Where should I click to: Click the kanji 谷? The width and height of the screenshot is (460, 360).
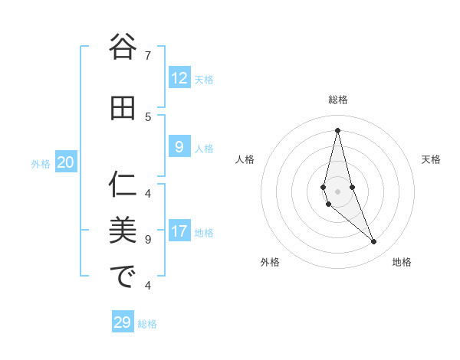[x=122, y=47]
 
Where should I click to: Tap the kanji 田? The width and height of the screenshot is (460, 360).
[x=122, y=108]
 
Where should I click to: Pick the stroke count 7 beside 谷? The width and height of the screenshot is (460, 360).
[x=148, y=55]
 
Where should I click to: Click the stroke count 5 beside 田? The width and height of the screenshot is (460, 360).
[x=148, y=116]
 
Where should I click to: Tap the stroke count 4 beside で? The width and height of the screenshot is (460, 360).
[x=148, y=286]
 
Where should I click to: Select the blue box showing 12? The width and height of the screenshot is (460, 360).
[x=179, y=78]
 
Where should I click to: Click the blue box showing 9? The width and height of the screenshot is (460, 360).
[x=179, y=147]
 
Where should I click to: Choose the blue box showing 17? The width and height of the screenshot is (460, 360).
[x=179, y=231]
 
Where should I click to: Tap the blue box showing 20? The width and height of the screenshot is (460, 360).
[x=65, y=162]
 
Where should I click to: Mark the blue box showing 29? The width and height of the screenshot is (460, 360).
[x=122, y=322]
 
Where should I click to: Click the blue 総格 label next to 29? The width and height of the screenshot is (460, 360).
[x=147, y=324]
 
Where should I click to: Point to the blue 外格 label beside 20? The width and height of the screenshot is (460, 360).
[x=41, y=163]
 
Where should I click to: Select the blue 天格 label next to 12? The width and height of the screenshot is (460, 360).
[x=204, y=79]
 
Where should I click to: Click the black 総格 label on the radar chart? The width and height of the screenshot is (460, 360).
[x=337, y=100]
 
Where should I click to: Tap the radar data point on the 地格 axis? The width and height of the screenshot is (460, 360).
[x=373, y=241]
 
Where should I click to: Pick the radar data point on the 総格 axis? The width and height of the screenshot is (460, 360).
[x=337, y=129]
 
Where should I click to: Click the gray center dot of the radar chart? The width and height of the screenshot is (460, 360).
[x=337, y=190]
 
